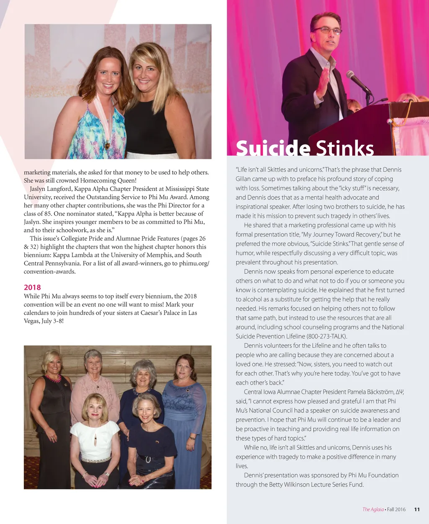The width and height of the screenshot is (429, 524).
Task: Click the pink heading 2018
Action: point(32,288)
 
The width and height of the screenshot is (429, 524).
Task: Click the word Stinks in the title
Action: point(344,148)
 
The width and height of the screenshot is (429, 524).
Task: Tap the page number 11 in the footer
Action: point(417,509)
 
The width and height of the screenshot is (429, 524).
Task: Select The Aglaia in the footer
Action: point(373,509)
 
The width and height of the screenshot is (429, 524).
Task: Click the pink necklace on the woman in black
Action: point(53,378)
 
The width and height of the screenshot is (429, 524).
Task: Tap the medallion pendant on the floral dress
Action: point(107,145)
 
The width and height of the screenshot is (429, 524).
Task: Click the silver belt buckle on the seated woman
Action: point(148,460)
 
